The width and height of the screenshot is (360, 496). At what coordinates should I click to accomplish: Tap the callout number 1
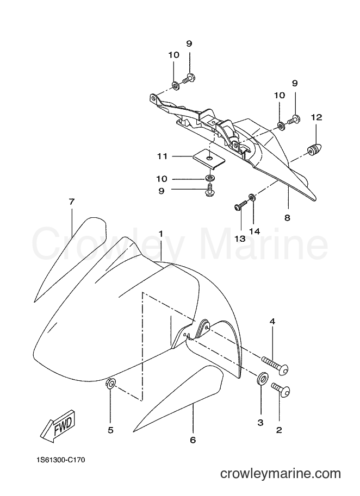161,234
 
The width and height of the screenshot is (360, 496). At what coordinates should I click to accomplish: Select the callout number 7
71,202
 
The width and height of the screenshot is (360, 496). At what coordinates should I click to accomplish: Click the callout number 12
316,117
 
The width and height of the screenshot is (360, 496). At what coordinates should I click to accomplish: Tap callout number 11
163,156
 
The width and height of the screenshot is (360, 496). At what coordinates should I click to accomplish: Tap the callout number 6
193,440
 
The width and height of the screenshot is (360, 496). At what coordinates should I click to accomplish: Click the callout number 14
255,231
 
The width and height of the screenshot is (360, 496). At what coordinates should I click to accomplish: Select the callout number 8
287,218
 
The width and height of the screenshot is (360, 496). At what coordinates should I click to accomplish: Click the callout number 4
272,322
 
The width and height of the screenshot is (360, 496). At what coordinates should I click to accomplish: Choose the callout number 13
240,239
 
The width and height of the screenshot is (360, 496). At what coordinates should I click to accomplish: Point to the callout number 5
110,430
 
